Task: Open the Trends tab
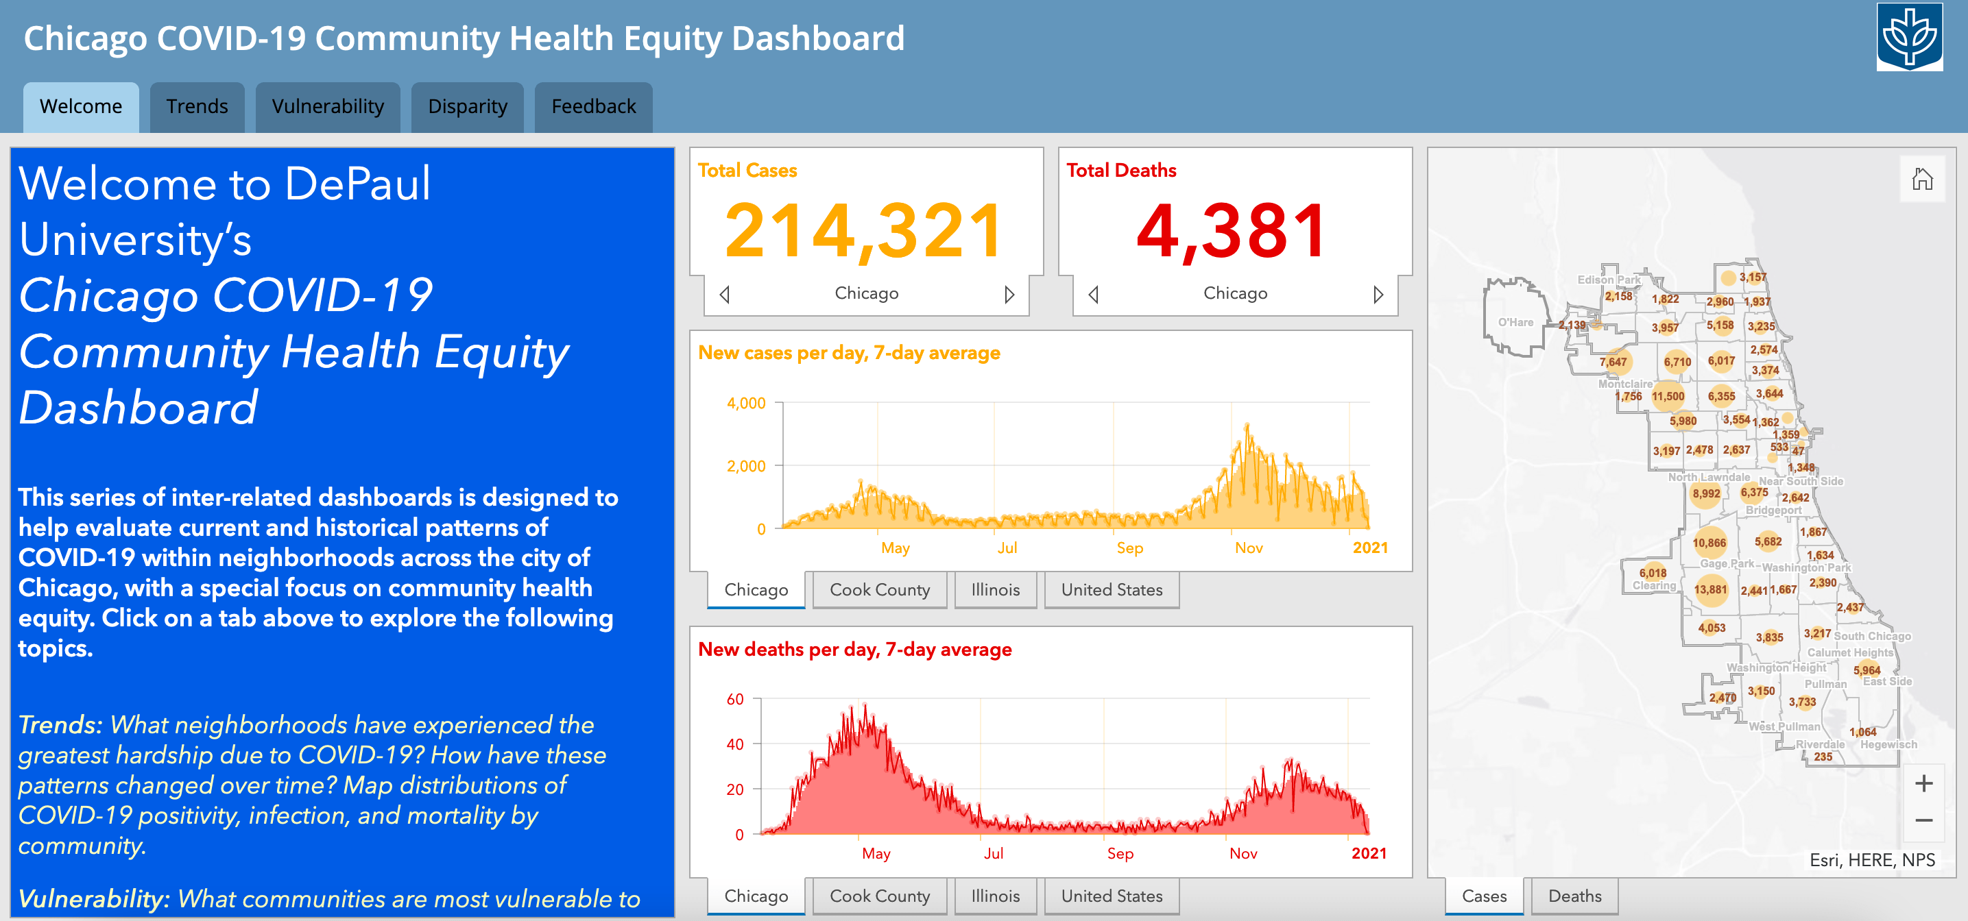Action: tap(197, 107)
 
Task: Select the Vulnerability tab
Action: tap(328, 107)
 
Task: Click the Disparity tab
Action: tap(467, 107)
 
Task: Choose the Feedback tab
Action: tap(593, 107)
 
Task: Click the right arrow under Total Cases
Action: tap(1009, 295)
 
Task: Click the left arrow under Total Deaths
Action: tap(1093, 295)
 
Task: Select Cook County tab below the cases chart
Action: tap(879, 590)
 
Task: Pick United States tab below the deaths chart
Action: tap(1111, 896)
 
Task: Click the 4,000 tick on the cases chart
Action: tap(745, 403)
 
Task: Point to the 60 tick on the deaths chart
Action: tap(735, 700)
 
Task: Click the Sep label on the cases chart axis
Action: tap(1129, 548)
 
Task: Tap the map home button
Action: tap(1922, 180)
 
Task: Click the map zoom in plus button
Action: tap(1923, 783)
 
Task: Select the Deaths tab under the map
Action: tap(1574, 896)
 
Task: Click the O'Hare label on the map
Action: tap(1515, 322)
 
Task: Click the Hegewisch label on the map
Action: tap(1888, 745)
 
